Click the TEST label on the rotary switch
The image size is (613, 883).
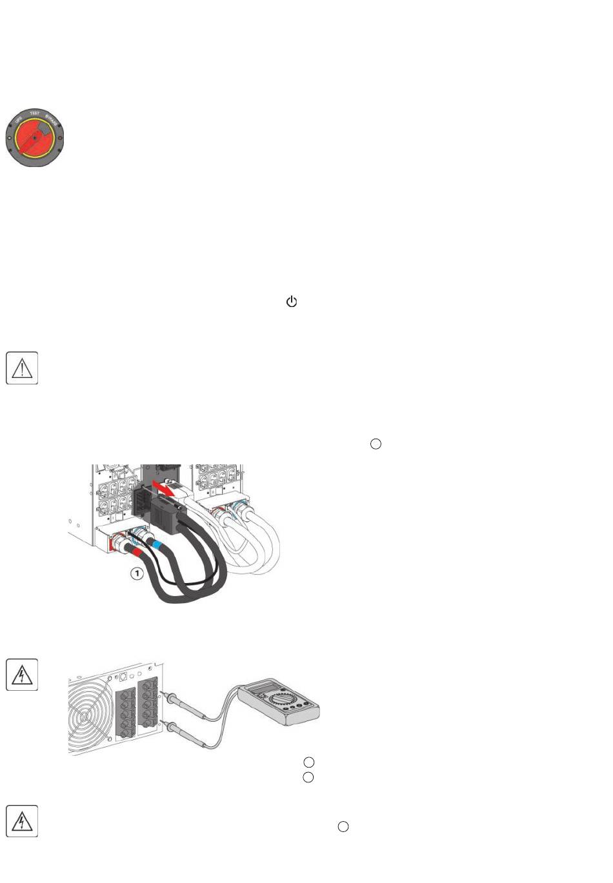click(35, 114)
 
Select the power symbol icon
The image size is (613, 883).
click(292, 301)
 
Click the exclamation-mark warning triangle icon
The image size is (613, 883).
click(22, 368)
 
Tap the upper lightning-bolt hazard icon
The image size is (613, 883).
click(22, 675)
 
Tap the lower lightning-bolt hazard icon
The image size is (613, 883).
click(22, 821)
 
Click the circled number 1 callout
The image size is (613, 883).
click(137, 573)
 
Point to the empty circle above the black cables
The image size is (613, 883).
click(376, 444)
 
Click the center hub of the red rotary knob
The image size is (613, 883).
click(35, 137)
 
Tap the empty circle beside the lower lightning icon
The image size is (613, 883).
click(343, 826)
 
